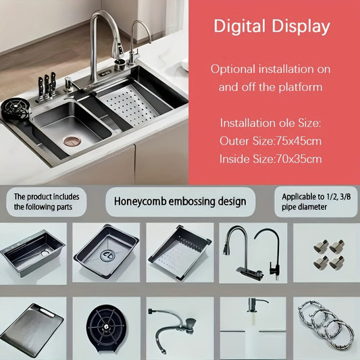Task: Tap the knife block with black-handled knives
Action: tap(47, 86)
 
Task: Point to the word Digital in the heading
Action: tap(240, 26)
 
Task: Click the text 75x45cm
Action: tap(299, 140)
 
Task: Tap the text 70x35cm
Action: tap(299, 159)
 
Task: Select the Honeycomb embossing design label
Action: tap(180, 201)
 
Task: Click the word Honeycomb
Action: tap(140, 201)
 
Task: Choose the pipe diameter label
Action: tap(316, 201)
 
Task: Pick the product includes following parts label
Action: tap(47, 201)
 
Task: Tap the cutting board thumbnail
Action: tap(32, 329)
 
